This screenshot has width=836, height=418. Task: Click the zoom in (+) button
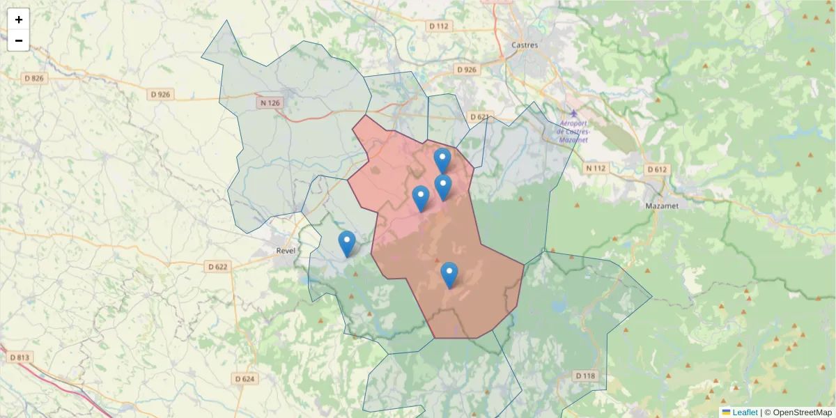pos(19,20)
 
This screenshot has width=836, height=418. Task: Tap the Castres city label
pos(525,45)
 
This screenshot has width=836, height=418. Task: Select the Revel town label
pos(286,250)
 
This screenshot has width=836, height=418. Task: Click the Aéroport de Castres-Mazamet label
pos(573,131)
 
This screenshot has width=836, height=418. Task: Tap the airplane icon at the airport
pos(573,114)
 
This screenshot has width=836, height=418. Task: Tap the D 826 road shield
pos(33,78)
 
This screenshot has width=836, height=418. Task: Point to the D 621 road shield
pos(479,117)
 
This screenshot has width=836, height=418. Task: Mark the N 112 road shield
pos(596,168)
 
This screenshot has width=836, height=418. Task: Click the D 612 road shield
pos(657,169)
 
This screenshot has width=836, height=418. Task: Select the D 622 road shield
pos(217,266)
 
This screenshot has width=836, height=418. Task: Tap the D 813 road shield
pos(20,357)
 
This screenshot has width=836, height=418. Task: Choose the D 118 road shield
pos(586,376)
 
